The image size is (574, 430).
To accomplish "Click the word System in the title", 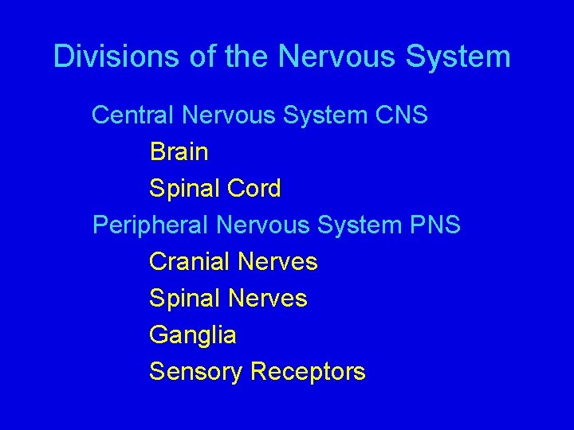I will [x=458, y=57].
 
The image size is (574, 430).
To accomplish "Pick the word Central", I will [x=133, y=115].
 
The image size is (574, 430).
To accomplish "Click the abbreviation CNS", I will [x=401, y=115].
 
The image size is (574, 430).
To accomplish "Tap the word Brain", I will [x=179, y=151].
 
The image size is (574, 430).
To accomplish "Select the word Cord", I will [x=254, y=189].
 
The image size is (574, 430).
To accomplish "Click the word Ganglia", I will [x=192, y=335].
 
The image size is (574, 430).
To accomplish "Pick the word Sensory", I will [x=195, y=372].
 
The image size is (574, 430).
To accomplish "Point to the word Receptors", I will [x=308, y=372].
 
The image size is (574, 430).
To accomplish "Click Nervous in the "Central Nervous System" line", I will [x=230, y=115].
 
